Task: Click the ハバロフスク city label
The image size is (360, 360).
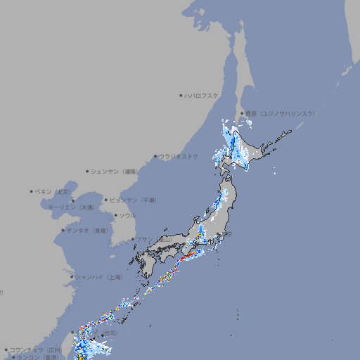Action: [201, 95]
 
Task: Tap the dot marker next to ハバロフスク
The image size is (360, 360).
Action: [181, 95]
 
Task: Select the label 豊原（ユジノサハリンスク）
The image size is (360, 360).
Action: [280, 113]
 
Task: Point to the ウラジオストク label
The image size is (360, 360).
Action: [179, 156]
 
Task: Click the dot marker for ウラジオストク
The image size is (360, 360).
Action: [155, 156]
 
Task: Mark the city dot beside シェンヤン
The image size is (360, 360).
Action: [88, 171]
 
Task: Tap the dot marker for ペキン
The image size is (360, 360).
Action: [32, 191]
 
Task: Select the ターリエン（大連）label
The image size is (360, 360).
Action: [70, 207]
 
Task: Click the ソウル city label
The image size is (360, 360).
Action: [127, 215]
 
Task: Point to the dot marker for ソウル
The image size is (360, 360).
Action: [115, 215]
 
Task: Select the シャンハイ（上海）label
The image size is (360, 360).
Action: [98, 277]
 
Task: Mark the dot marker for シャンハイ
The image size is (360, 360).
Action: [72, 277]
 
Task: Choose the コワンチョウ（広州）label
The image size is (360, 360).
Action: [35, 349]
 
